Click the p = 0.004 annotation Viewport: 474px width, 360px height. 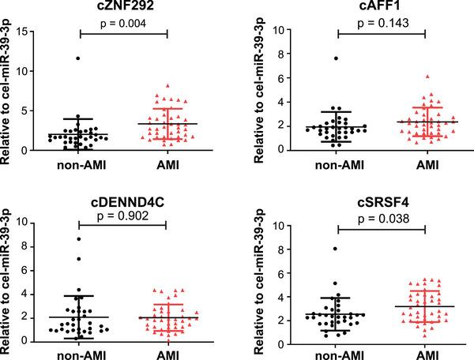tap(123, 24)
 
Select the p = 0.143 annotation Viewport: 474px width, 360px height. tap(381, 24)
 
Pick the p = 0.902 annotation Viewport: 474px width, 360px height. tap(123, 213)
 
